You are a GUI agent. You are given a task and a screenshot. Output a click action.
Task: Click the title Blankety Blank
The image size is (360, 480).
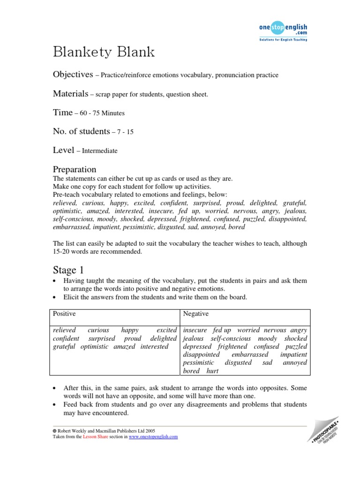pos(104,52)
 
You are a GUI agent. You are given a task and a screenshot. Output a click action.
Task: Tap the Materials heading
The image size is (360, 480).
pos(70,94)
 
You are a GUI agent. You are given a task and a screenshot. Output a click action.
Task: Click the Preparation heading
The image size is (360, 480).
pos(75,169)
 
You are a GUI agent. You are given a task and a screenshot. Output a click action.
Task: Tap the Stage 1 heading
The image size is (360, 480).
pos(71,270)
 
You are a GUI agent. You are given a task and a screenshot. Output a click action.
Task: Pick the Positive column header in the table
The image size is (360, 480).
pos(64,314)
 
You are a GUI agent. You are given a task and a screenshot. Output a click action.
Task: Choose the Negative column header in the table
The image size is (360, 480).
pos(196,314)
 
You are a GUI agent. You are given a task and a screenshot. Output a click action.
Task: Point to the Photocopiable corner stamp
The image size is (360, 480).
pos(331,432)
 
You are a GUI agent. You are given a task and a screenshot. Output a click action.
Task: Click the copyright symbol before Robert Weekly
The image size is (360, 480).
pos(54,430)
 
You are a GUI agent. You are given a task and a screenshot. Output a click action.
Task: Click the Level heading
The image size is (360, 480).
pos(63,150)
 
